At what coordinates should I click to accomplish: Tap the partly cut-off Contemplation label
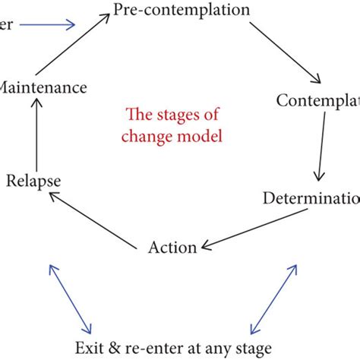317,100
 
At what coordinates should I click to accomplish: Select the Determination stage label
311,198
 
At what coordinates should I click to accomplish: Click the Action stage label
172,247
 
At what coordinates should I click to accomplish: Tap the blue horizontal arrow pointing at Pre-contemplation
47,25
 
